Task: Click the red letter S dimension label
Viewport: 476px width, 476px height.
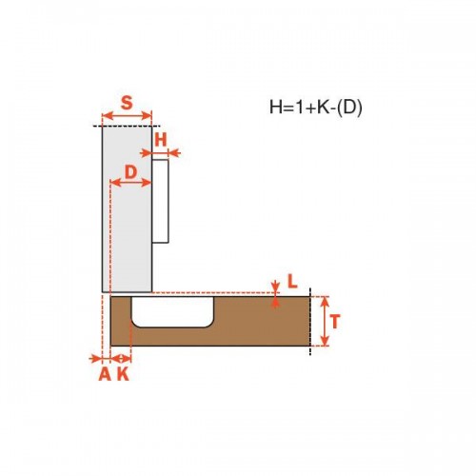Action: pyautogui.click(x=127, y=103)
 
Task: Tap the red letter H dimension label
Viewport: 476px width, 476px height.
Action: pyautogui.click(x=161, y=140)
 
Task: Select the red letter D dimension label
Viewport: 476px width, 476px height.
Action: pyautogui.click(x=130, y=172)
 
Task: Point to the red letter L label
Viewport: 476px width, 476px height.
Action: pyautogui.click(x=292, y=281)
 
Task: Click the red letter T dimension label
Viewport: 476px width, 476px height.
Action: pyautogui.click(x=335, y=321)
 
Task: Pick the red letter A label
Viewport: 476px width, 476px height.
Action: pyautogui.click(x=105, y=374)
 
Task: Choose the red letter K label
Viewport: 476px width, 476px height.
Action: pyautogui.click(x=123, y=374)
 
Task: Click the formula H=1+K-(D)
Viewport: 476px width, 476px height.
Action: pyautogui.click(x=315, y=108)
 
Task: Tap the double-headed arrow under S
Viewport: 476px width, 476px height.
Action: pyautogui.click(x=127, y=116)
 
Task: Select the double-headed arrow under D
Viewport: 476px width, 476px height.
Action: pyautogui.click(x=130, y=183)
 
